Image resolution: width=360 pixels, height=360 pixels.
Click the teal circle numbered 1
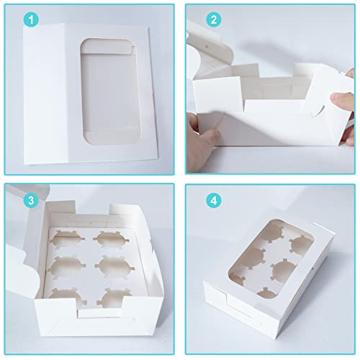32,19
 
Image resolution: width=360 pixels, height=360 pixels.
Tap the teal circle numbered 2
214,19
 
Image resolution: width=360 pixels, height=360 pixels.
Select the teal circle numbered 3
32,200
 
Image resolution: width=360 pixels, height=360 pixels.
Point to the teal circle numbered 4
214,200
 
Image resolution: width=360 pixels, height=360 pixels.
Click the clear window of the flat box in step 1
110,91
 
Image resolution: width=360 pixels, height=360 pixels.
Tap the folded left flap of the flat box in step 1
45,94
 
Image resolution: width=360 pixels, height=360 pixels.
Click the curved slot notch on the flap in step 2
318,110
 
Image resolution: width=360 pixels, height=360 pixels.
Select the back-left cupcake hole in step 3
67,238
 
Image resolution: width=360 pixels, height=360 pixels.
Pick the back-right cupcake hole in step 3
111,239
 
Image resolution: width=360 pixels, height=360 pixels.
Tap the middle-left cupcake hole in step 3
66,266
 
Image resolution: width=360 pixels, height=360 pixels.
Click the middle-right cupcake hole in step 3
114,266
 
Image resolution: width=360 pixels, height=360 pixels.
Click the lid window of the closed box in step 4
271,260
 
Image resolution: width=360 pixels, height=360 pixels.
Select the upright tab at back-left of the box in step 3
60,207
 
